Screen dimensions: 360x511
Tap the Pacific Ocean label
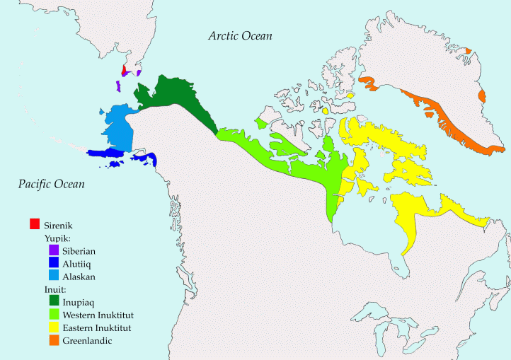pos(51,185)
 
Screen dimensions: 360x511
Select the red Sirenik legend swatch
pos(34,224)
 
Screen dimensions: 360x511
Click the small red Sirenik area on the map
pos(123,71)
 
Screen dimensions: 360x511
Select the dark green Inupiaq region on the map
pos(177,99)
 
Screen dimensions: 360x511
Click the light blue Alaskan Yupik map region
pos(117,127)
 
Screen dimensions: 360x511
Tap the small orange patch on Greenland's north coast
pos(468,50)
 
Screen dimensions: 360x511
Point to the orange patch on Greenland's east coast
pos(483,95)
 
